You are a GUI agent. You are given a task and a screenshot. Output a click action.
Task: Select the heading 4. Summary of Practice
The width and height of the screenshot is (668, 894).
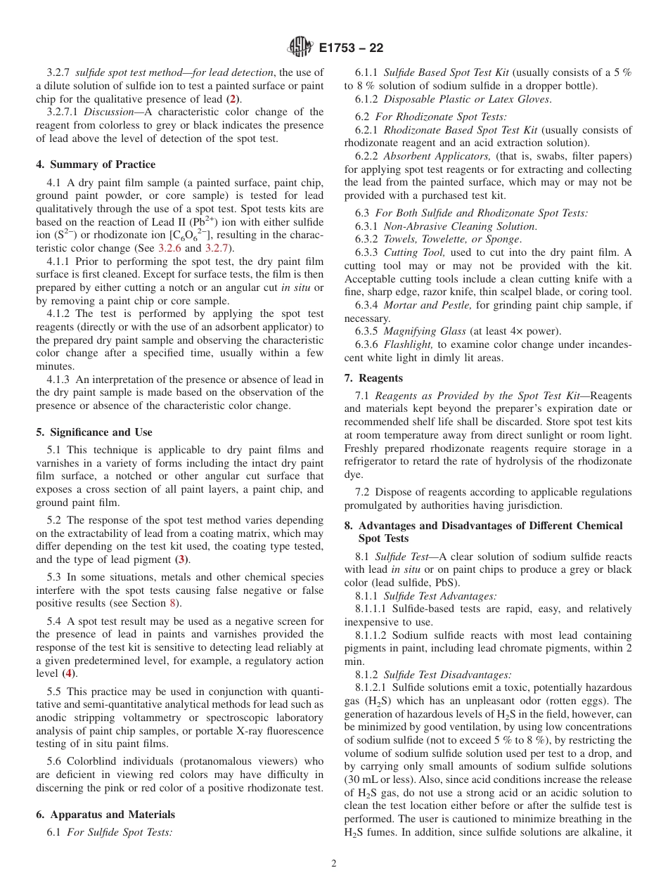pyautogui.click(x=96, y=164)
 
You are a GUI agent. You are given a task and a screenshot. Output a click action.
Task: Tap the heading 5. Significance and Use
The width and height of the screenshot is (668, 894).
pyautogui.click(x=94, y=432)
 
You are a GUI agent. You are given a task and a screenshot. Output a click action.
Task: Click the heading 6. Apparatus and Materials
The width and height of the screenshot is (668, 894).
pyautogui.click(x=105, y=815)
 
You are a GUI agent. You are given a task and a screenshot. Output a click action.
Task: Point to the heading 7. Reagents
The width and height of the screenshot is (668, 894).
pyautogui.click(x=373, y=378)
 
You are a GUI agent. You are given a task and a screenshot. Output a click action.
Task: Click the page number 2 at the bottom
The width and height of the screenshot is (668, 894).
pyautogui.click(x=334, y=864)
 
